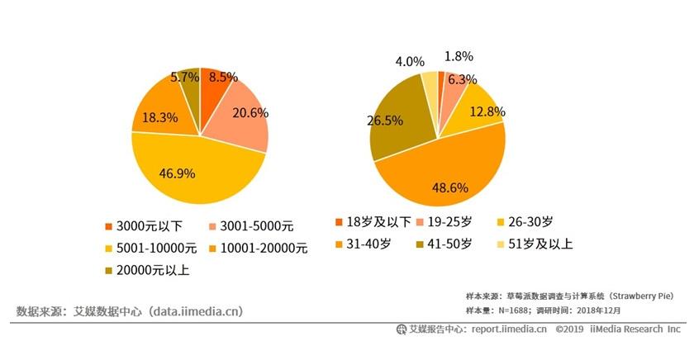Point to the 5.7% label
click(x=184, y=77)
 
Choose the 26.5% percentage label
click(x=384, y=121)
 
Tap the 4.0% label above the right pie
click(x=410, y=61)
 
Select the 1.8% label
click(x=459, y=56)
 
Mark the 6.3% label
click(x=463, y=79)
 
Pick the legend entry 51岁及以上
click(x=536, y=244)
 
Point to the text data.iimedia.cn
click(x=195, y=311)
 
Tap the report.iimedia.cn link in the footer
click(x=505, y=329)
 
